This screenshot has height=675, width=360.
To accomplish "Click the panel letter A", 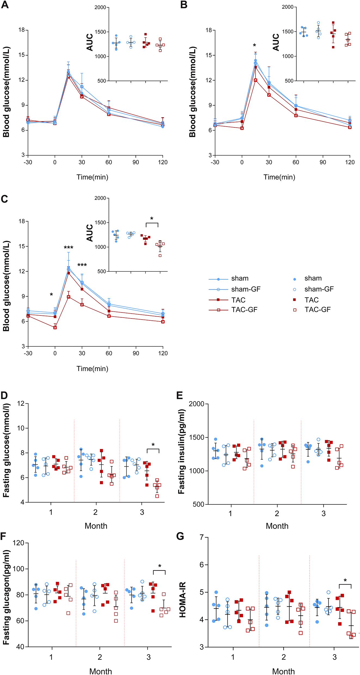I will pos(5,5).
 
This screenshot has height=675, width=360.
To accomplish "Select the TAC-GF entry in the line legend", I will pos(244,310).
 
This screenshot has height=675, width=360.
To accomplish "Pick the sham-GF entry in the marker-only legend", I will pos(319,289).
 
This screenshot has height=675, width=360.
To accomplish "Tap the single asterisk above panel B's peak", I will pos(254,45).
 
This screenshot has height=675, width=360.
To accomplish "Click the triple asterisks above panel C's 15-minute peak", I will pos(68,248).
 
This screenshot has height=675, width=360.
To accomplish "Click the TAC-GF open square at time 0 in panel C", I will pos(55,327).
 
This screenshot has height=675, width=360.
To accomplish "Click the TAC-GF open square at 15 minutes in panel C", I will pos(69,297).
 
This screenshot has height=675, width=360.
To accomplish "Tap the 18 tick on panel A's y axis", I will pos(22,30).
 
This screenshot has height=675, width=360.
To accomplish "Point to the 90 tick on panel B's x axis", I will pos(323,162).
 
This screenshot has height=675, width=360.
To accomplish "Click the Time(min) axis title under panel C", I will pos(92,369).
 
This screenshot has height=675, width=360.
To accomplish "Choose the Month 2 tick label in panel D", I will pos(96,512).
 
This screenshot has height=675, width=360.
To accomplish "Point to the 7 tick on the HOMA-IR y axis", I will pos(202,537).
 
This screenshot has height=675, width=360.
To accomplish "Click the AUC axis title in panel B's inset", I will pos(276,42).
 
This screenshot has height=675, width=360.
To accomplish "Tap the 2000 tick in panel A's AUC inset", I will pos(100,7).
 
